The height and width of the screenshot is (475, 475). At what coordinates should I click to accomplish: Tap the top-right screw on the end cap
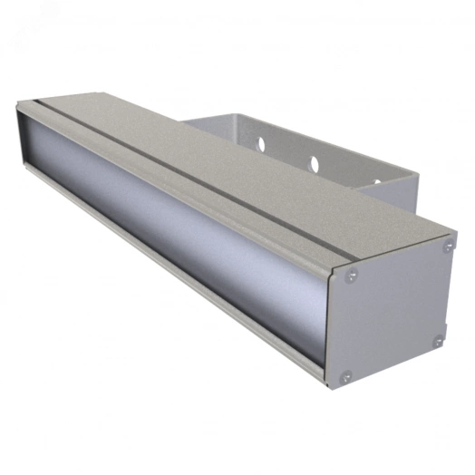[447, 246]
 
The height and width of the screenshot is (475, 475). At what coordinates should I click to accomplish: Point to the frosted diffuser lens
[181, 231]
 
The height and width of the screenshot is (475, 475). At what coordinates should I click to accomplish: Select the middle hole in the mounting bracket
[315, 164]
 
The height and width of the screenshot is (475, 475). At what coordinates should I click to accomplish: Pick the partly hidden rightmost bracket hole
[376, 183]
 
